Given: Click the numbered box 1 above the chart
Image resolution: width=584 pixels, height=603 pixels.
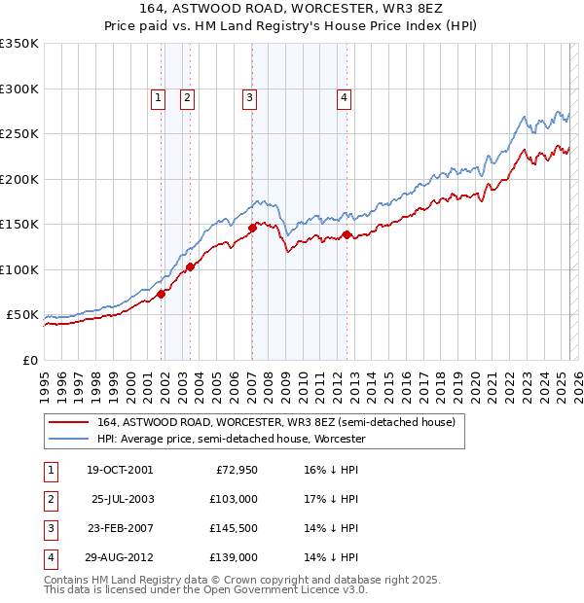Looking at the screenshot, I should [x=158, y=96].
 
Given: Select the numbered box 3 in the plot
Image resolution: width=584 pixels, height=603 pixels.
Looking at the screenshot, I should [x=250, y=96].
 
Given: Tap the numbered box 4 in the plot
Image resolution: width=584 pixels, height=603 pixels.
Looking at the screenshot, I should [x=345, y=96].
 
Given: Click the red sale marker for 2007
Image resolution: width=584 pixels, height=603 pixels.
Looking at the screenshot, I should [x=252, y=228].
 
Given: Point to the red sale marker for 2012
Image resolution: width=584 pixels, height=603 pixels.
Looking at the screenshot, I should [x=347, y=234].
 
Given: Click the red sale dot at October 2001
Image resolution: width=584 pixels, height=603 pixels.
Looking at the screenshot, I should [x=161, y=294].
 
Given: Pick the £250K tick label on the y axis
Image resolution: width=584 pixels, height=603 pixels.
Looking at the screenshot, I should [x=19, y=134].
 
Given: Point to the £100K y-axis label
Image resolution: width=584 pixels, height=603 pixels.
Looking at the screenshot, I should [x=19, y=269].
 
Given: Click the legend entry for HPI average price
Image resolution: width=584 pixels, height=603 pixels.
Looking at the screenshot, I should [x=231, y=439].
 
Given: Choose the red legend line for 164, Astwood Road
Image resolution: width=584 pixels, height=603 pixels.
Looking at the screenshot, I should [x=69, y=422].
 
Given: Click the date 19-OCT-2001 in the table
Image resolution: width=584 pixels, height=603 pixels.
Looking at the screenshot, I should [x=120, y=470].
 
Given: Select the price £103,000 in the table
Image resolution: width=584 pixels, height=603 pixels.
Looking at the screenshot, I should [x=235, y=499].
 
